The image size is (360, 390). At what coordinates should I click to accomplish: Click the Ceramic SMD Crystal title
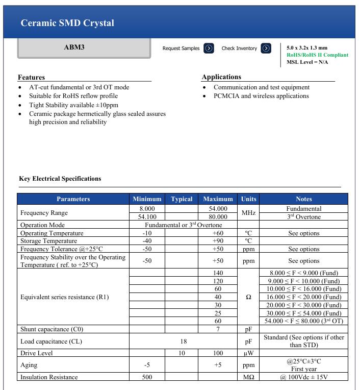click(x=67, y=23)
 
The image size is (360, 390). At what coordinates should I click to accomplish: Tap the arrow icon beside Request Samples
click(x=209, y=48)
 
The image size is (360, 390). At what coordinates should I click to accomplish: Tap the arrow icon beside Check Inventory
click(x=266, y=48)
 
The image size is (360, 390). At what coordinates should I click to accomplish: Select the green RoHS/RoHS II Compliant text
click(x=317, y=55)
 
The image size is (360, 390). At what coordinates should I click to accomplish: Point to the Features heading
click(x=32, y=78)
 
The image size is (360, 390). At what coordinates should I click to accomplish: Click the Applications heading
click(x=221, y=77)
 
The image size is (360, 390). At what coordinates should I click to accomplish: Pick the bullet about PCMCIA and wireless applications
click(x=261, y=96)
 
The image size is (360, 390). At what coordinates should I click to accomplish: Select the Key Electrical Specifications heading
click(x=60, y=179)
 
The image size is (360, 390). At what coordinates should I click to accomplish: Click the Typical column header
click(x=182, y=199)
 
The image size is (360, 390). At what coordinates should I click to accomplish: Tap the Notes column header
click(x=303, y=199)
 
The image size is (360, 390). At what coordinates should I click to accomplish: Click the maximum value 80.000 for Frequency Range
click(x=218, y=217)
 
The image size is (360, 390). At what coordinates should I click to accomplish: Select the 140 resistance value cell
click(x=218, y=273)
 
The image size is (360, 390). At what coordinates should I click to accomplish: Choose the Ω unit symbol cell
click(x=248, y=297)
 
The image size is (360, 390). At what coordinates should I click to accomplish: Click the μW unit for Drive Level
click(x=248, y=353)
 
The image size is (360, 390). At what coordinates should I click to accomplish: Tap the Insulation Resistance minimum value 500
click(x=147, y=377)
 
